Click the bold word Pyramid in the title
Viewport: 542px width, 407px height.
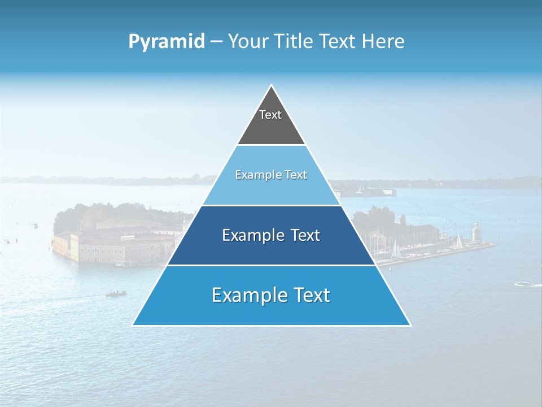pos(166,41)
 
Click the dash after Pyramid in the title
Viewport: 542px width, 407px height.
pos(216,41)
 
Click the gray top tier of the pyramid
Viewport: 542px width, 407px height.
pos(271,127)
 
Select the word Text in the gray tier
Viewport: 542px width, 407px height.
pos(270,115)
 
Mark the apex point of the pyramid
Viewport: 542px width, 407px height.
pos(271,85)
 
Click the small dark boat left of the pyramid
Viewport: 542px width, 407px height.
pos(116,293)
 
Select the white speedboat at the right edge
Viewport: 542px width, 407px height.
pos(527,284)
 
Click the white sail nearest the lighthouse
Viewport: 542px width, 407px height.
pos(458,242)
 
